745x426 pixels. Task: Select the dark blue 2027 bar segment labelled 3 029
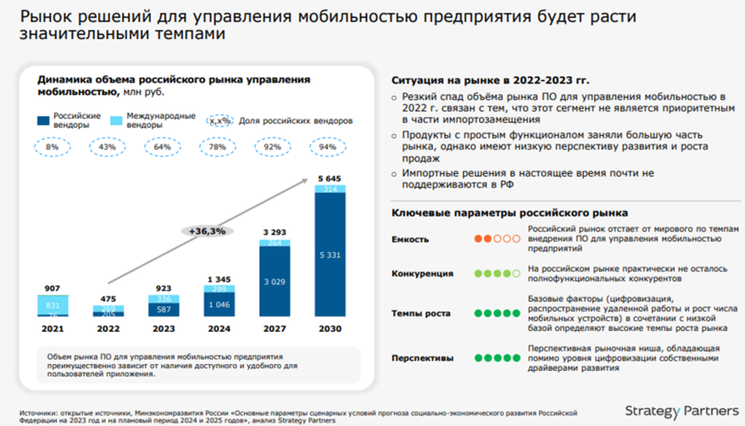pos(274,281)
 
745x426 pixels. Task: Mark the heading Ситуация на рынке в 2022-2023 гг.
pos(482,81)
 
